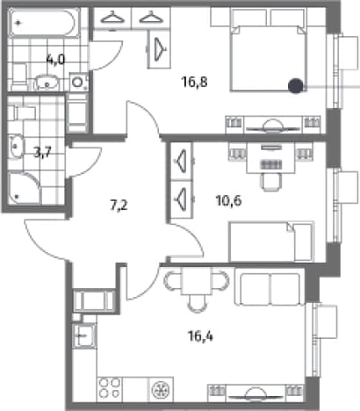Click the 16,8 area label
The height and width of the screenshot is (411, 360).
pos(194,82)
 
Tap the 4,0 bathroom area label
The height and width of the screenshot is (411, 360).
pos(55,60)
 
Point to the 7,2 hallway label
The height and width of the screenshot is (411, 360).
pos(119,205)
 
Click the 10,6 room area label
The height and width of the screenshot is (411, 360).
pos(228,201)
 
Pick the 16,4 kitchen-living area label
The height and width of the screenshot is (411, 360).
pos(200,336)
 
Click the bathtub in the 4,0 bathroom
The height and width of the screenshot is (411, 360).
pos(44,23)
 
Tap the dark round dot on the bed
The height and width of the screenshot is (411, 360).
pos(295,85)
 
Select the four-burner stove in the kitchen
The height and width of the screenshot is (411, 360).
pos(110,388)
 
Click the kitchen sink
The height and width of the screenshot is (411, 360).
pos(84,335)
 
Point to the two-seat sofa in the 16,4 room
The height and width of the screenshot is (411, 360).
pos(270,289)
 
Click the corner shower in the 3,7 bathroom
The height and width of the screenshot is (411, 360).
pos(24,189)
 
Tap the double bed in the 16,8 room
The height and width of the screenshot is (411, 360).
pos(269,50)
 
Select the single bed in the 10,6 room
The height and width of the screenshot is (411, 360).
pos(271,242)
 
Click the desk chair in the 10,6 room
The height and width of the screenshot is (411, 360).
pos(272,182)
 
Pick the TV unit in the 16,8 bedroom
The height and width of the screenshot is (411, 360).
pos(273,125)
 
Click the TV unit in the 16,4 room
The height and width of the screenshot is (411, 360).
pos(256,393)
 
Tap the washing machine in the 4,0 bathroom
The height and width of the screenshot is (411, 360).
pos(78,82)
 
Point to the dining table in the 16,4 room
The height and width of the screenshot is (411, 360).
pos(197,281)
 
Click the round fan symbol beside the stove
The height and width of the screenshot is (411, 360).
pos(162,389)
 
